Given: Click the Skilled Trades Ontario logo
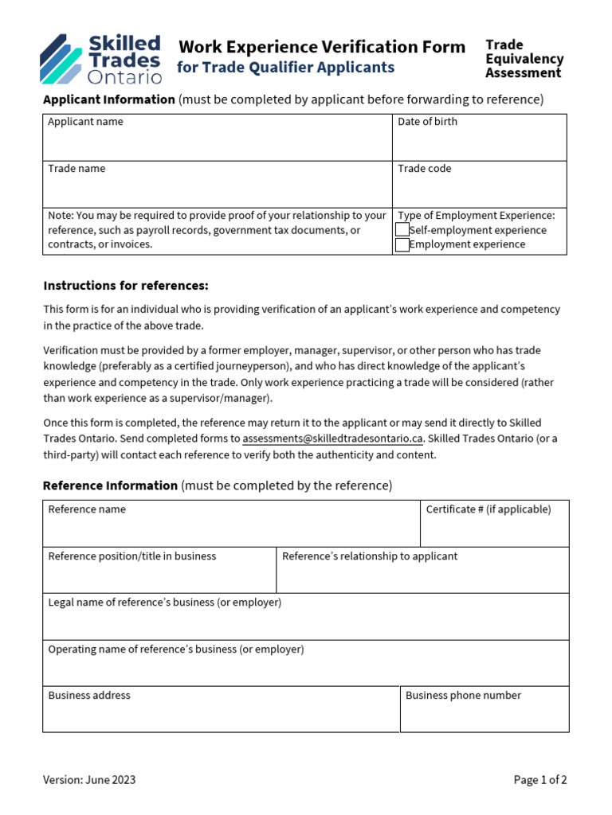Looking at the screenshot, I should [x=101, y=59].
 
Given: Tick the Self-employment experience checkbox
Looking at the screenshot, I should [x=402, y=230].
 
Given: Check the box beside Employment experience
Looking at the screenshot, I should [x=402, y=244].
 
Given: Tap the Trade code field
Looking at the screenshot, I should [x=479, y=190].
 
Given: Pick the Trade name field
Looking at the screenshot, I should [x=217, y=190].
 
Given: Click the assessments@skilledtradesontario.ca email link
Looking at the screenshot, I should [x=332, y=439].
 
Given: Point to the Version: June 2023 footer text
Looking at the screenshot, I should [x=89, y=780].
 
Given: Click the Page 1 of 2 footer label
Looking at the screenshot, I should [x=540, y=780].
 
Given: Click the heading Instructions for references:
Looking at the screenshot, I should [x=126, y=286].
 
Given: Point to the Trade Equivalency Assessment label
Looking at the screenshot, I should [x=524, y=59].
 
